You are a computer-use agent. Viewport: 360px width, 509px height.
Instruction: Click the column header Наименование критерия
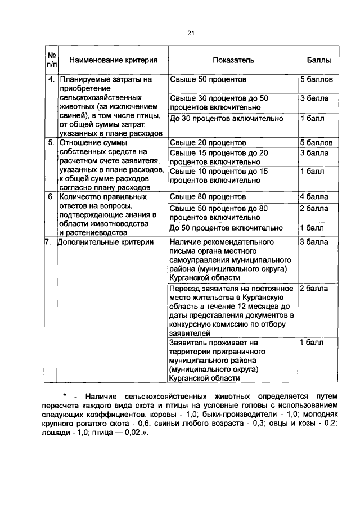click(x=112, y=60)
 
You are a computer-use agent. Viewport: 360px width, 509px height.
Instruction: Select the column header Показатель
click(x=234, y=60)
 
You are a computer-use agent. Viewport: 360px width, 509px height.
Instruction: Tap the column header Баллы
click(x=318, y=60)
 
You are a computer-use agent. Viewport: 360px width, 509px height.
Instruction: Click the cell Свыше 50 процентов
click(x=208, y=80)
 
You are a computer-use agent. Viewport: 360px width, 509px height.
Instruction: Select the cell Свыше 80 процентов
click(x=208, y=197)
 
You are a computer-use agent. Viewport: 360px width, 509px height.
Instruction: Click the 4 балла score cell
click(x=314, y=197)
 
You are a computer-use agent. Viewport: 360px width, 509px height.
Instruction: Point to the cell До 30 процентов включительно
click(x=226, y=119)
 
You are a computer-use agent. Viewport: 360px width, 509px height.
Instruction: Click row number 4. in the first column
click(x=51, y=80)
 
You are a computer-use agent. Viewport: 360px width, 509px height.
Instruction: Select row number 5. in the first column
click(x=51, y=143)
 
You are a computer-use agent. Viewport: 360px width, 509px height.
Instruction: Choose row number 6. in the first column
click(x=51, y=197)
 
